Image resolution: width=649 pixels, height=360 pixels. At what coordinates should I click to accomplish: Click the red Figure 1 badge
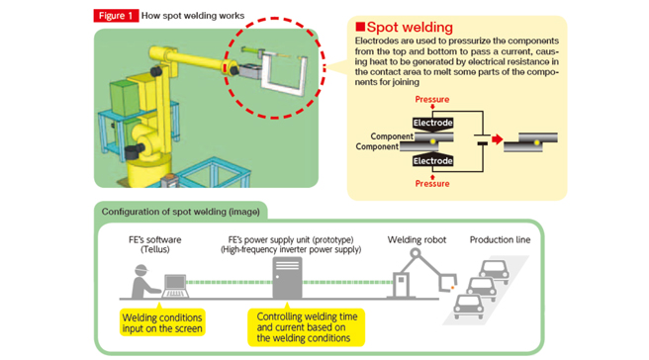(x=116, y=16)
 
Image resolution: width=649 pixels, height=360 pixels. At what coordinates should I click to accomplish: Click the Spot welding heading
(x=405, y=28)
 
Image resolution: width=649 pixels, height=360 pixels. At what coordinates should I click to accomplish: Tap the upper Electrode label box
(x=432, y=123)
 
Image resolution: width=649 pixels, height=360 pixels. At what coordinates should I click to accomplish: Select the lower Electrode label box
(x=432, y=160)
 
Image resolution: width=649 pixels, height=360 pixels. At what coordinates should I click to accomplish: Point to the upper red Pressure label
(x=432, y=99)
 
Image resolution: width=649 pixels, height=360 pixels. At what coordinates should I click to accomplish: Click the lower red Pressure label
(x=432, y=184)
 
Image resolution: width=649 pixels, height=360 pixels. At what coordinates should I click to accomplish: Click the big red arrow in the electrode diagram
(x=497, y=139)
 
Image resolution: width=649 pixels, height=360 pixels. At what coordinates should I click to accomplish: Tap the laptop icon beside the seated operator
(x=175, y=286)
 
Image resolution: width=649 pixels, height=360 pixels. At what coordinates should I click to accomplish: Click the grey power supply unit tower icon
(x=287, y=277)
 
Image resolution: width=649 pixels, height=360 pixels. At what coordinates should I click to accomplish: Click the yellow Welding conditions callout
(x=162, y=322)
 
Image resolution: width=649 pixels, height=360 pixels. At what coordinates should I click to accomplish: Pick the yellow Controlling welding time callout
(x=307, y=327)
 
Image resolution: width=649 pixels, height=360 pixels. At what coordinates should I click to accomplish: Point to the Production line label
(x=500, y=239)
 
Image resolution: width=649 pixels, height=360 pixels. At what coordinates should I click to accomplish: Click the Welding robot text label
(x=417, y=239)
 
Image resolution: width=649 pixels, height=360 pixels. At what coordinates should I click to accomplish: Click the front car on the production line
(x=469, y=307)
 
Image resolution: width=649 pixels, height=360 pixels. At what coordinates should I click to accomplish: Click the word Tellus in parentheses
(x=155, y=249)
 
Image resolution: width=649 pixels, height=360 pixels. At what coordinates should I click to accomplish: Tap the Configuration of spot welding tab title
(x=181, y=212)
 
